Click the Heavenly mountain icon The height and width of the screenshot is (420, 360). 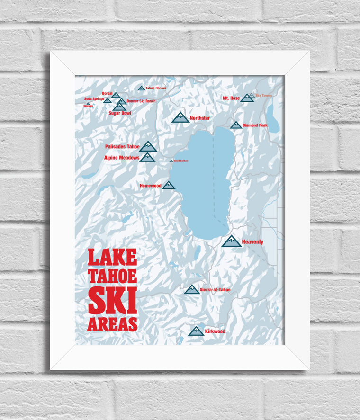231,241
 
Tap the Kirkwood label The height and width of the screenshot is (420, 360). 215,331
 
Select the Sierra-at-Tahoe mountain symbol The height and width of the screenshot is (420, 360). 192,289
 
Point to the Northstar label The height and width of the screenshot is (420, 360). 199,118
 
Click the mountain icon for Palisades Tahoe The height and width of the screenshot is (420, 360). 148,146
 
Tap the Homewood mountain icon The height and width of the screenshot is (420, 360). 169,185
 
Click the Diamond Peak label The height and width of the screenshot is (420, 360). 255,125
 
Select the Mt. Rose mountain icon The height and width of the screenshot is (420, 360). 247,98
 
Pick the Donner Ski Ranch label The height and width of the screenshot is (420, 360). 141,101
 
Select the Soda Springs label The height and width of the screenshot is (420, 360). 94,99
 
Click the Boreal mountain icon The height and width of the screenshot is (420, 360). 116,95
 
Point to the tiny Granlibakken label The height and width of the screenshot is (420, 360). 181,161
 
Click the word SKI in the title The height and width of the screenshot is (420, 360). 112,301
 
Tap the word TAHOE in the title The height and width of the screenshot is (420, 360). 112,276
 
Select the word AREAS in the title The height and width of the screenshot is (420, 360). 112,324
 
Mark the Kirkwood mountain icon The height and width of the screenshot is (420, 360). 196,331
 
